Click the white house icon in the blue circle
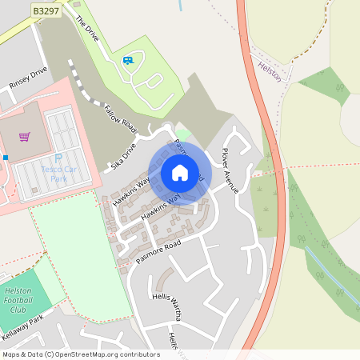[180, 173]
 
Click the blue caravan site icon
[127, 60]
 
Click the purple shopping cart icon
[25, 137]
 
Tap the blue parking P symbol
[58, 158]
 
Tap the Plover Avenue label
[230, 170]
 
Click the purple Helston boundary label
[270, 69]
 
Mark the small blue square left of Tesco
[5, 158]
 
